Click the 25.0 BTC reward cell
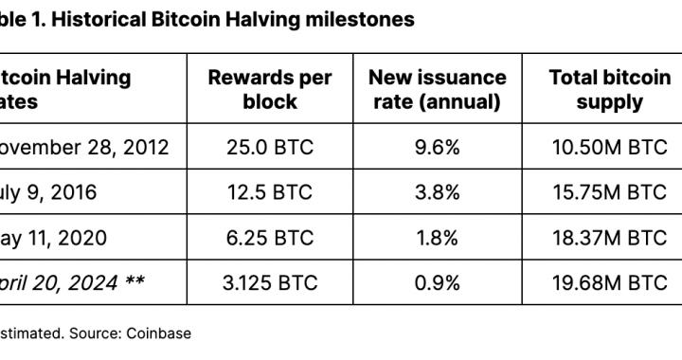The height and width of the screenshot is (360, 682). (270, 148)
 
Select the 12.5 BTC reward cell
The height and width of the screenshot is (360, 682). (270, 192)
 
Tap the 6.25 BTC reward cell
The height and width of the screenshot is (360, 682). (270, 238)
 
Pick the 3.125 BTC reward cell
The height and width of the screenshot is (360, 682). (270, 282)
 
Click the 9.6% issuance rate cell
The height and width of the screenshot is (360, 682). (437, 148)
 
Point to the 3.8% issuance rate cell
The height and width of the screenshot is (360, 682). (437, 192)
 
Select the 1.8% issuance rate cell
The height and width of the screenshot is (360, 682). (437, 238)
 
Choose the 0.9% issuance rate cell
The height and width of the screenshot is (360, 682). (437, 282)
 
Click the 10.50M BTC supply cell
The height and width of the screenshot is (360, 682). (609, 148)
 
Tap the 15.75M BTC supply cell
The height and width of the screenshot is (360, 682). (609, 192)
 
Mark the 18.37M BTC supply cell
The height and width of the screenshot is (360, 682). (609, 238)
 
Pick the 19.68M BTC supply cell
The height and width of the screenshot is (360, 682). (609, 282)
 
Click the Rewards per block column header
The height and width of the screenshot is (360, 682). (270, 90)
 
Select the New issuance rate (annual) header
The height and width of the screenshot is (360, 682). (437, 90)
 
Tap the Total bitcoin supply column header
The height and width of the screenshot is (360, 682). (609, 90)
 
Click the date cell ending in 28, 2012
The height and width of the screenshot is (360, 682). (85, 148)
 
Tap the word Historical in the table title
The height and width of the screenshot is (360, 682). (110, 20)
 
